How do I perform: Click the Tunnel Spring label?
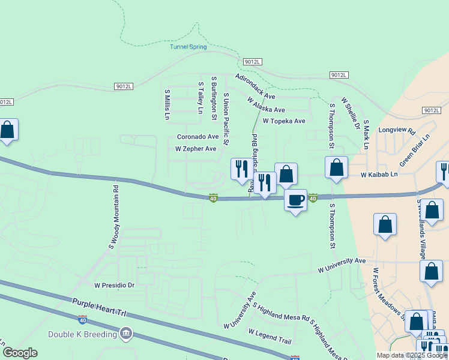pyautogui.click(x=188, y=47)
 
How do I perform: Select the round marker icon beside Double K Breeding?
pyautogui.click(x=125, y=333)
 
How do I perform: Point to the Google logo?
pyautogui.click(x=20, y=353)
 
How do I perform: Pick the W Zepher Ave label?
pyautogui.click(x=195, y=149)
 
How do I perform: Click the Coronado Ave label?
pyautogui.click(x=197, y=137)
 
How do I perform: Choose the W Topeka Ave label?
pyautogui.click(x=284, y=121)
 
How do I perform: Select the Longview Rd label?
pyautogui.click(x=396, y=130)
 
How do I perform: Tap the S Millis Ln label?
pyautogui.click(x=167, y=104)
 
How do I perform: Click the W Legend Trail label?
pyautogui.click(x=269, y=337)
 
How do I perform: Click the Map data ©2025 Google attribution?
pyautogui.click(x=411, y=355)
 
